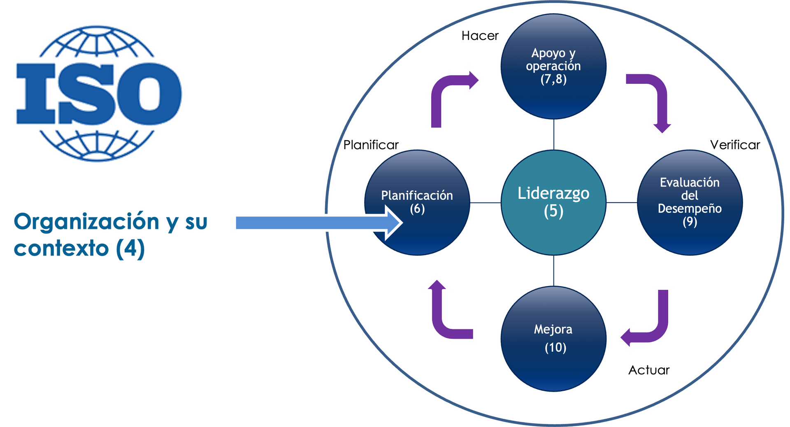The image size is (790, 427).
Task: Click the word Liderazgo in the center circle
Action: [553, 193]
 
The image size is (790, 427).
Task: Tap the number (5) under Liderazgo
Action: [553, 211]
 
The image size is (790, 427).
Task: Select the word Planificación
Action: [417, 196]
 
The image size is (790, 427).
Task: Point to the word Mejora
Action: [553, 329]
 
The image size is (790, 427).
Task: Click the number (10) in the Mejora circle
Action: [555, 348]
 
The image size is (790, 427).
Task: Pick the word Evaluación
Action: [690, 182]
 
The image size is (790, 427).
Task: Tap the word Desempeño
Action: [690, 208]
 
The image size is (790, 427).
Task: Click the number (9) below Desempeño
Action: [690, 222]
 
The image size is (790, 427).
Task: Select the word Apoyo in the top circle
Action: [548, 53]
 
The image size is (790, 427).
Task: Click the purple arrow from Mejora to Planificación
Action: [444, 316]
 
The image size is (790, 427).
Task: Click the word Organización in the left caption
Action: [86, 222]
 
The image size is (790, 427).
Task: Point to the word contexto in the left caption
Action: [62, 249]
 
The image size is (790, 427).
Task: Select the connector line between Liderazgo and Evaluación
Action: [621, 203]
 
